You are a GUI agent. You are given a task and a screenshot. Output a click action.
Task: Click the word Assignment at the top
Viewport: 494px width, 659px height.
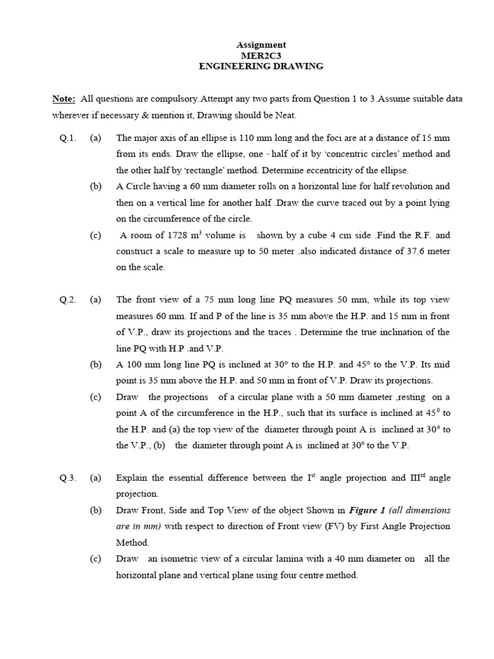(x=261, y=45)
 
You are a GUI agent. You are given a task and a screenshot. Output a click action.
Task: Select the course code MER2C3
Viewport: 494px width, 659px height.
(x=261, y=55)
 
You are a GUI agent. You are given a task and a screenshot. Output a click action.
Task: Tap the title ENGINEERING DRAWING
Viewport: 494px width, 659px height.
(x=261, y=66)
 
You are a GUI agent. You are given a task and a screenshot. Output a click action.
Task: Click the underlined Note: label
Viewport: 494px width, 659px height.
(x=64, y=99)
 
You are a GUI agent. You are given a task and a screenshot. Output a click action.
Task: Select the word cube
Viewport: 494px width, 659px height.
(x=305, y=236)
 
